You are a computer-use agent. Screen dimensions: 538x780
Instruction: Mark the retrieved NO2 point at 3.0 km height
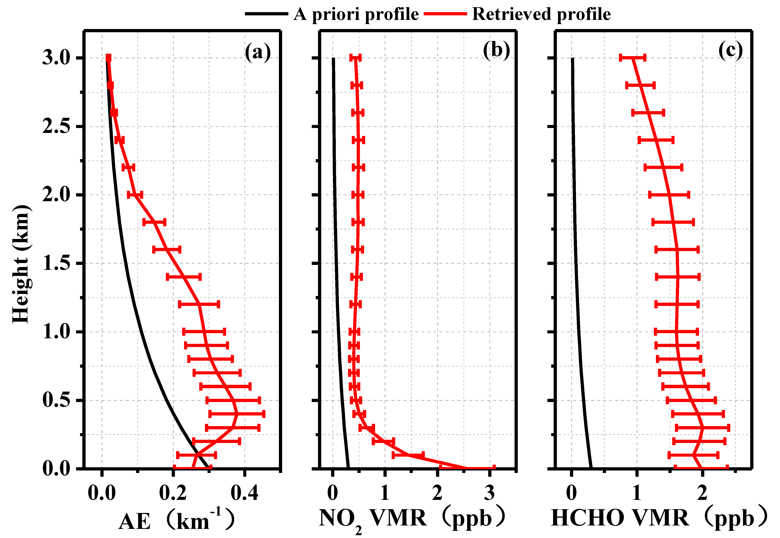[355, 58]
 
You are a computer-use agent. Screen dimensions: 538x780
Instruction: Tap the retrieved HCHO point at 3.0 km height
[633, 58]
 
